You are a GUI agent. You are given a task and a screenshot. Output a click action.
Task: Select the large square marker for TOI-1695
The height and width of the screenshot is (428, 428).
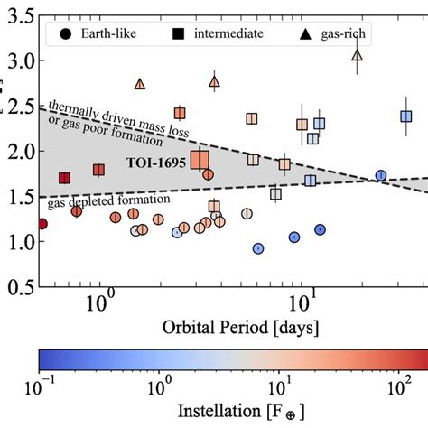[x=200, y=160]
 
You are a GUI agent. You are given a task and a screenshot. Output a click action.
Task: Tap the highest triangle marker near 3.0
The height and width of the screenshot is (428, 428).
[x=357, y=56]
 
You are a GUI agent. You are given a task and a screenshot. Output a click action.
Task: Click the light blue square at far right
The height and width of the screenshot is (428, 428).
[x=406, y=116]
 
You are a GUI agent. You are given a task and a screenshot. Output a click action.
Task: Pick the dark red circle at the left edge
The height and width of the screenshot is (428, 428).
[x=42, y=224]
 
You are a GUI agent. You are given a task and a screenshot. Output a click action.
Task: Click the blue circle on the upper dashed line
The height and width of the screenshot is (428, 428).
[x=381, y=175]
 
